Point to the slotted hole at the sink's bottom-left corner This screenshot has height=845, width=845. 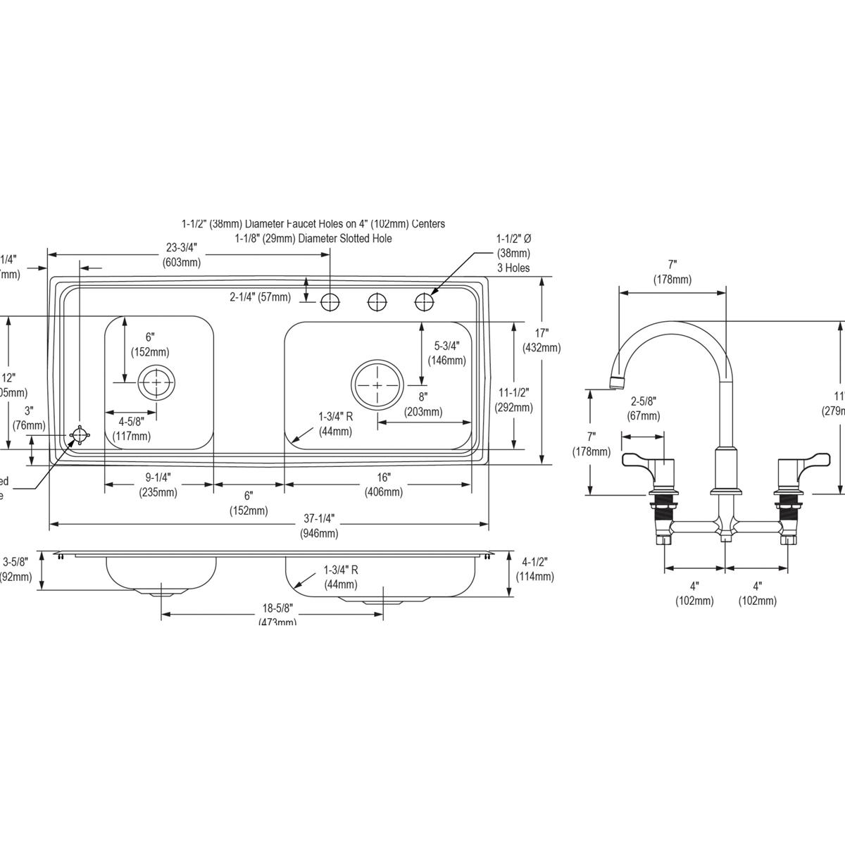coord(80,437)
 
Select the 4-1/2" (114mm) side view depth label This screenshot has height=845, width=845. coord(534,568)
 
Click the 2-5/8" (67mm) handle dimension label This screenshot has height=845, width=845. coord(644,408)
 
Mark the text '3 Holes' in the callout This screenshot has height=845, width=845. coord(513,268)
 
